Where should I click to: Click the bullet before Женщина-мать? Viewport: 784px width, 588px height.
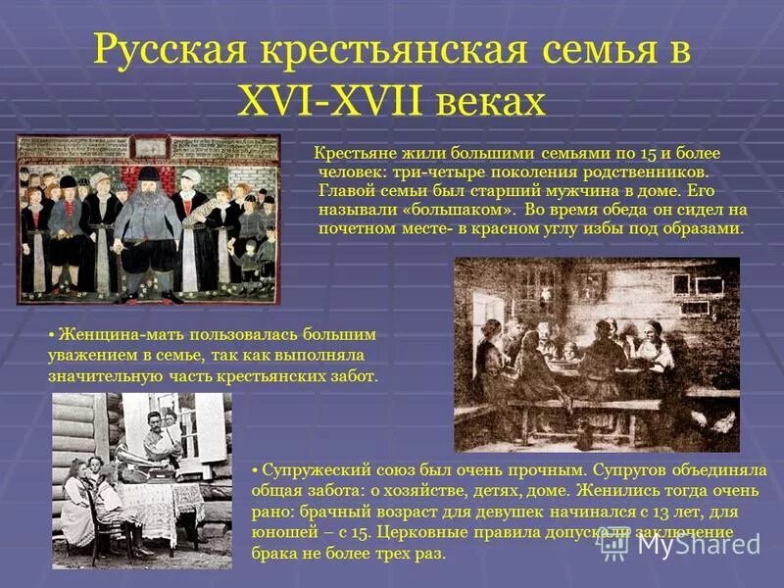tap(53, 335)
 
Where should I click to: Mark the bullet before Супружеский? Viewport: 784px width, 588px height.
tap(256, 469)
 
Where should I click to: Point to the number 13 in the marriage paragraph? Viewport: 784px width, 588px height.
tap(610, 512)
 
